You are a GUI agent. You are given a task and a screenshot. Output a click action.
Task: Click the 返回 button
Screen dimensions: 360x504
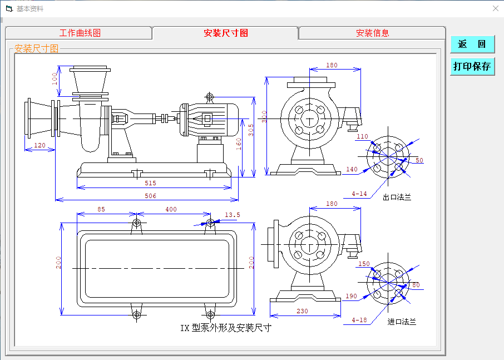tap(472, 45)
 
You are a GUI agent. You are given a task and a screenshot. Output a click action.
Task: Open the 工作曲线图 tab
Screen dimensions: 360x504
tap(80, 33)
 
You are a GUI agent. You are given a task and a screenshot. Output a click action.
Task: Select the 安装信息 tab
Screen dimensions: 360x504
tap(372, 33)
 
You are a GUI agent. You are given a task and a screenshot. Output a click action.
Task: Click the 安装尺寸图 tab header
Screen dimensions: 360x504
tap(225, 33)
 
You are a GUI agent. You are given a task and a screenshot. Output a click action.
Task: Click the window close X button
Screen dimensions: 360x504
tap(496, 8)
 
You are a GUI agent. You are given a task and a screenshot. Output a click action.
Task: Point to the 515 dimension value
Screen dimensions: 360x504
tap(150, 183)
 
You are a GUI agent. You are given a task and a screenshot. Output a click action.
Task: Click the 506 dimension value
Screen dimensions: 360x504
tap(150, 196)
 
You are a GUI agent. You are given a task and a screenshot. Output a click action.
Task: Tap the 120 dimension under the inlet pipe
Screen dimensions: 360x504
tap(39, 145)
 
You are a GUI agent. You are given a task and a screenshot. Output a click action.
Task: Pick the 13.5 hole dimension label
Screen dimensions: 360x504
tap(232, 215)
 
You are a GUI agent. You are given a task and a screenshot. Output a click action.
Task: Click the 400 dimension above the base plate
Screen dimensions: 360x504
tap(171, 209)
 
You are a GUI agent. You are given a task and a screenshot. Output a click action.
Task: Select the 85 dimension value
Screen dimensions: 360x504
tap(101, 209)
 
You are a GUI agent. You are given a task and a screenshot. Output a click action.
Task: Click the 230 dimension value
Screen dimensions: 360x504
tap(302, 312)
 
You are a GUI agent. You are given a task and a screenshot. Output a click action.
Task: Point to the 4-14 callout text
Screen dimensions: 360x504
tap(359, 194)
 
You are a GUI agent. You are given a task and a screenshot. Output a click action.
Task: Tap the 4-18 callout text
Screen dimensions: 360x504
tap(359, 320)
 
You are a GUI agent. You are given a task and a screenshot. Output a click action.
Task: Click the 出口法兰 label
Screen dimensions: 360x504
tap(397, 198)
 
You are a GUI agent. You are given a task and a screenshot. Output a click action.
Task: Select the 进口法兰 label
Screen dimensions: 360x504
tap(402, 322)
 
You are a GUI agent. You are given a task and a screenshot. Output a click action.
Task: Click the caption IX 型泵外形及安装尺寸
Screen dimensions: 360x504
tap(225, 328)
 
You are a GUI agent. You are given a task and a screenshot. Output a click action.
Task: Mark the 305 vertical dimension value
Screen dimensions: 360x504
tap(251, 130)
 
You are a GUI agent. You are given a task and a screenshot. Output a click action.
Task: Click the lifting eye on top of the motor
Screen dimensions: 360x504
tap(210, 98)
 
